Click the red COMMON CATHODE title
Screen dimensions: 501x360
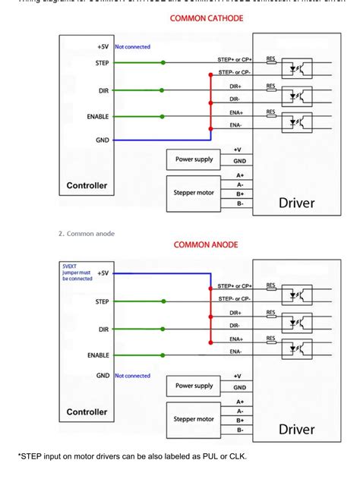206,18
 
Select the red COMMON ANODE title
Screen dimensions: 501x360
206,244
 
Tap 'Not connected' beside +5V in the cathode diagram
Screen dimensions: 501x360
132,47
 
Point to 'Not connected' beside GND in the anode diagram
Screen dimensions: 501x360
132,376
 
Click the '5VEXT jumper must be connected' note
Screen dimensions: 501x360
77,273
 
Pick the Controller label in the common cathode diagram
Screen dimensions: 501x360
87,185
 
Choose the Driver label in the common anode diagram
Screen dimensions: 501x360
296,430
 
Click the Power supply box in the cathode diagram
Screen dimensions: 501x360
194,159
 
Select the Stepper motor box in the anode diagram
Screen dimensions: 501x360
194,419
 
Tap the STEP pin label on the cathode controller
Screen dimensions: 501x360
102,63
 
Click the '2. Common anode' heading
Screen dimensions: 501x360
87,233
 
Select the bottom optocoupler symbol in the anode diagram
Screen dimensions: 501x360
292,349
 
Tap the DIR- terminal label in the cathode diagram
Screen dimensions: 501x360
235,99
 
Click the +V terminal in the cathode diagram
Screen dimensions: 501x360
238,150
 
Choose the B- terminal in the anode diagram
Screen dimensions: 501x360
239,430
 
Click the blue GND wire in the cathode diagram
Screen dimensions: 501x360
159,140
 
